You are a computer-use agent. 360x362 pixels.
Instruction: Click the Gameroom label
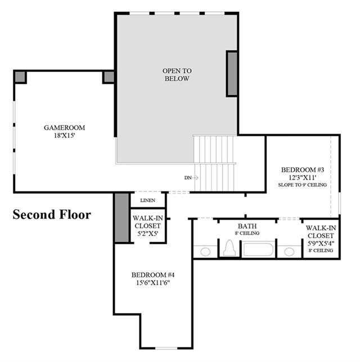(x=64, y=127)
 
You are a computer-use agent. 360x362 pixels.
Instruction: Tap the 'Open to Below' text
(x=177, y=74)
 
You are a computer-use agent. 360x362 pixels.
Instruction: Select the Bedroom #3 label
(x=303, y=169)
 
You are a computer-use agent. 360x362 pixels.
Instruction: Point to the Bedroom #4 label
(x=153, y=275)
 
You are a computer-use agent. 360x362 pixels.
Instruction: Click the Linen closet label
(x=147, y=200)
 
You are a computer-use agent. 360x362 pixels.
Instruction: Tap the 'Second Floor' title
(x=52, y=214)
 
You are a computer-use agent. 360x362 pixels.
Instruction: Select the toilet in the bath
(x=229, y=248)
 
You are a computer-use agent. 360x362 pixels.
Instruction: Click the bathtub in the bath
(x=258, y=249)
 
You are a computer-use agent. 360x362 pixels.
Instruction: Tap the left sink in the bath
(x=205, y=252)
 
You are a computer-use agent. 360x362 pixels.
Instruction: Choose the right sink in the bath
(x=289, y=252)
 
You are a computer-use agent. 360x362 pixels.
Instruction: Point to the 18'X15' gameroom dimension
(x=65, y=135)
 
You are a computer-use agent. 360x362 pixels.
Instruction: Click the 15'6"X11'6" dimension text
(x=153, y=283)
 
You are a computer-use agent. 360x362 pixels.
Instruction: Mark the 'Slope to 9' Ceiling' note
(x=303, y=185)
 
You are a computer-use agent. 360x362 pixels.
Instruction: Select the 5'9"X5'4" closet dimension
(x=321, y=243)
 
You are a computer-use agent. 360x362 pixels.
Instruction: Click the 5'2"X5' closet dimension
(x=147, y=234)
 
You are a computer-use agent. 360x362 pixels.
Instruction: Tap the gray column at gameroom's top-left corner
(x=20, y=77)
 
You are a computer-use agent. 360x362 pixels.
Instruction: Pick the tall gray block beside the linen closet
(x=121, y=218)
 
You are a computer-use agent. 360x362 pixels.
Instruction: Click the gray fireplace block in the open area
(x=232, y=74)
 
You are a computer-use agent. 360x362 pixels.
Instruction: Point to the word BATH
(x=247, y=226)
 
